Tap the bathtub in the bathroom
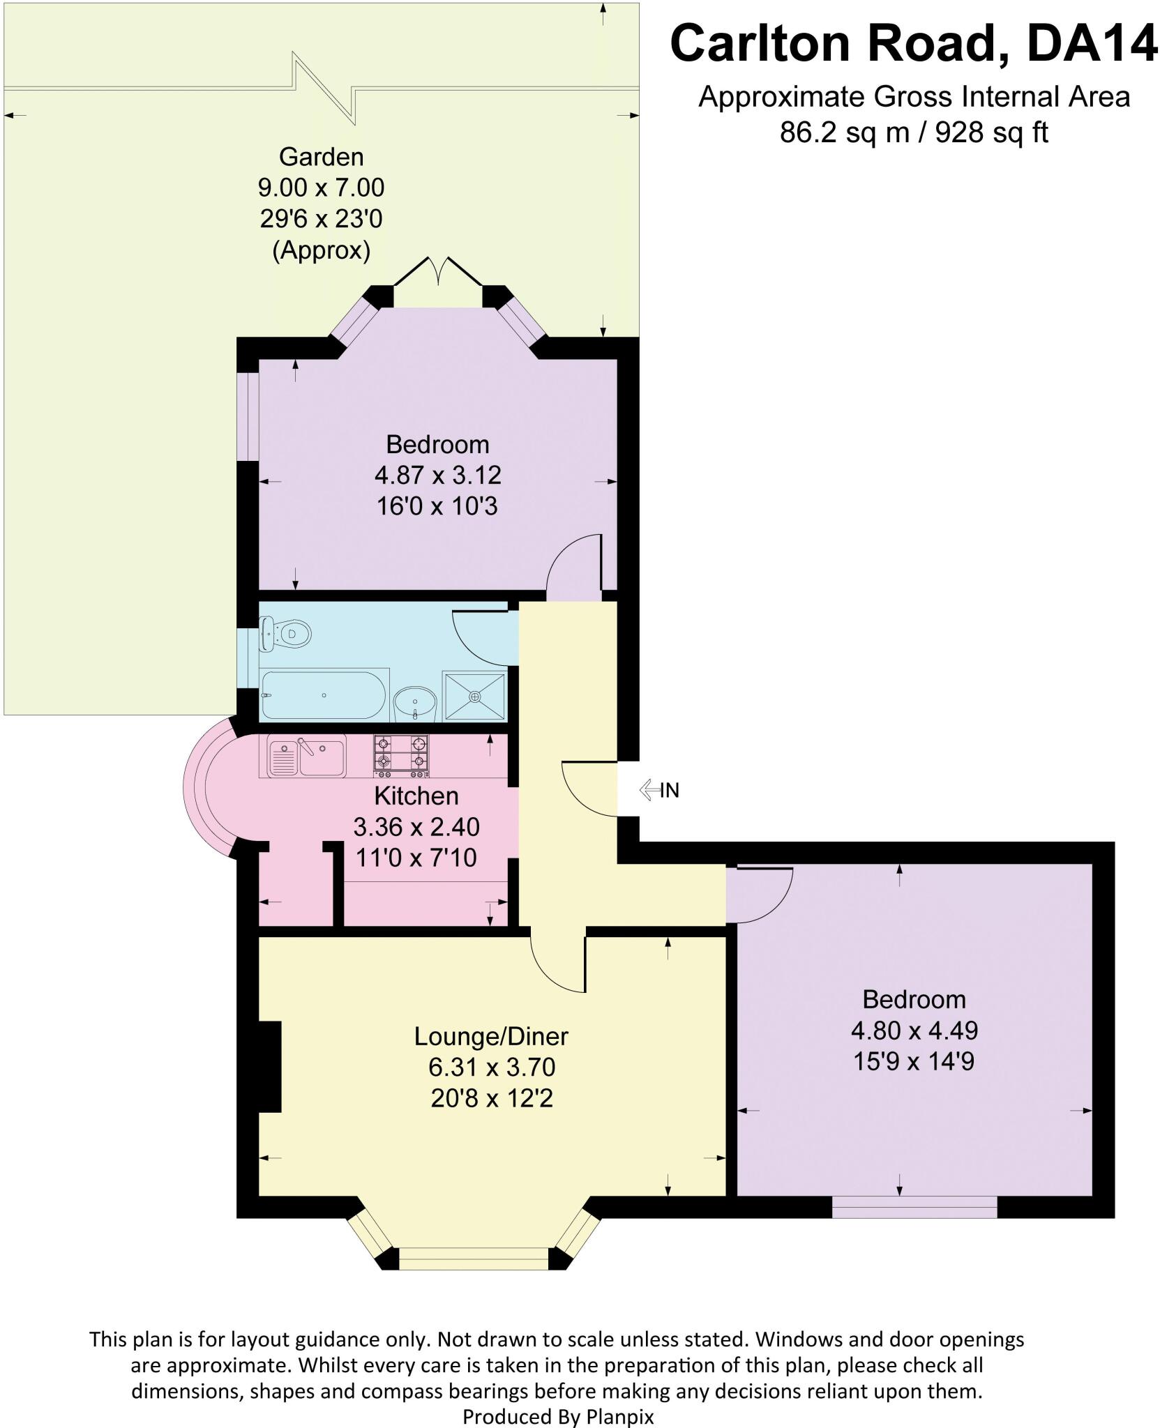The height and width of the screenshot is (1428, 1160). (324, 695)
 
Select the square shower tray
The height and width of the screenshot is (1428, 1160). (475, 696)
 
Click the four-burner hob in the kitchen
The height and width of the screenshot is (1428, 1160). (400, 756)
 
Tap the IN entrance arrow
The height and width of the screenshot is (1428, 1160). (659, 790)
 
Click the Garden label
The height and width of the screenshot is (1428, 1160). (322, 157)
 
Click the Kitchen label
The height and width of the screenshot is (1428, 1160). (416, 796)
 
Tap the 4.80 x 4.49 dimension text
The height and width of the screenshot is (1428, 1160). (914, 1030)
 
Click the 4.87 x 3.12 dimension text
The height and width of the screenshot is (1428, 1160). (437, 475)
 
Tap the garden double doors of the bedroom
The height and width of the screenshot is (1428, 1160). (437, 272)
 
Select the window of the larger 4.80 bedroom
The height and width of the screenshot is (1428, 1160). (914, 1207)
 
